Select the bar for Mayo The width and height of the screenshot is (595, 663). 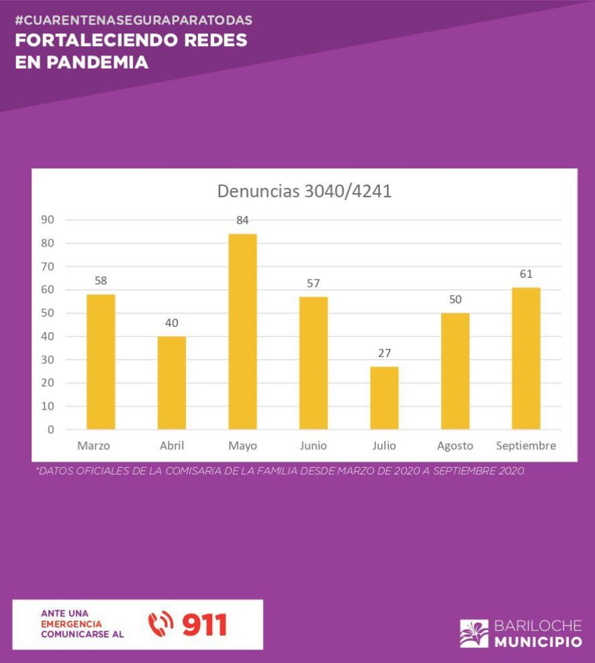click(242, 331)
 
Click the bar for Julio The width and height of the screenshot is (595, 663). click(384, 398)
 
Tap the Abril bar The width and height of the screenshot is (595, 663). click(172, 382)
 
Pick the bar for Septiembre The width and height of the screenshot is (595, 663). click(526, 358)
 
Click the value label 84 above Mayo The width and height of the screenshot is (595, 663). click(242, 221)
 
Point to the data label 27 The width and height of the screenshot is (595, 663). click(384, 354)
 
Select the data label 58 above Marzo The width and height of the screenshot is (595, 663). click(101, 281)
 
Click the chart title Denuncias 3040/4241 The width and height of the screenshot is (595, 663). click(304, 191)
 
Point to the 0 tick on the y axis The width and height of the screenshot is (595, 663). click(50, 430)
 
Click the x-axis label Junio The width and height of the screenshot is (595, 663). click(313, 446)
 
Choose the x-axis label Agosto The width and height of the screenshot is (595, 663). click(455, 446)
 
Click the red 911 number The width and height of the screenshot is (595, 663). click(204, 625)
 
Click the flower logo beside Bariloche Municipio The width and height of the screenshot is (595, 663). click(474, 634)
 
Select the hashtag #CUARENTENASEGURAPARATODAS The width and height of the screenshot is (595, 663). click(133, 20)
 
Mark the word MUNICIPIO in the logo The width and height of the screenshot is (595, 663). click(538, 642)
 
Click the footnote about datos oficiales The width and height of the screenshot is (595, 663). click(281, 471)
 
